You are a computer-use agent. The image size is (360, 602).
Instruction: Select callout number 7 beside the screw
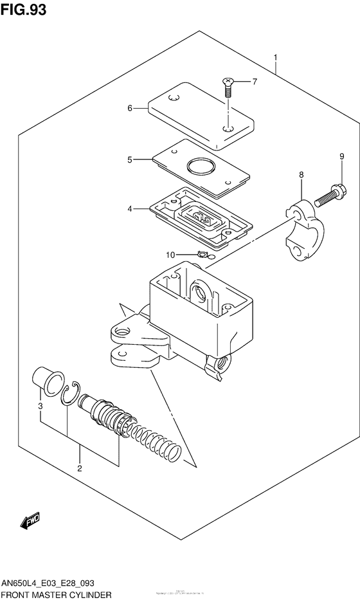(254, 82)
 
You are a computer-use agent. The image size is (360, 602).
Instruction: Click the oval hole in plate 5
(201, 169)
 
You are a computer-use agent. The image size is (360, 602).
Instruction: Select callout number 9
(341, 156)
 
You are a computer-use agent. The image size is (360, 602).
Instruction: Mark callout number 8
(301, 175)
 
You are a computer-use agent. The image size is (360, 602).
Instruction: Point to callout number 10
(170, 255)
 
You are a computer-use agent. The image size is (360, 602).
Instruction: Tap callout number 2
(80, 468)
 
